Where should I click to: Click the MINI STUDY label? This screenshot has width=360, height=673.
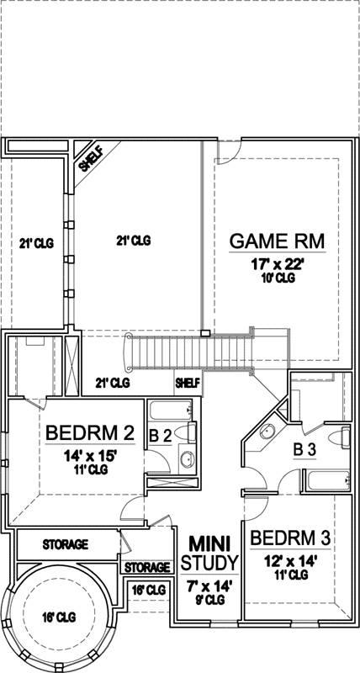point(209,552)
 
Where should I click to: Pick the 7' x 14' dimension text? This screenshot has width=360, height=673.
point(209,586)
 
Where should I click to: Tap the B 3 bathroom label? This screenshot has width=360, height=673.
point(304,450)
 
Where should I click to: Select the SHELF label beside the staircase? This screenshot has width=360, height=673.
point(188,383)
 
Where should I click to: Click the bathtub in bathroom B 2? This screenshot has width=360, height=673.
point(168,411)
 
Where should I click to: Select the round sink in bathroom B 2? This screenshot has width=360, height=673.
point(187,460)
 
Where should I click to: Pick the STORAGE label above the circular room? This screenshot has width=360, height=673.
point(65,545)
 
